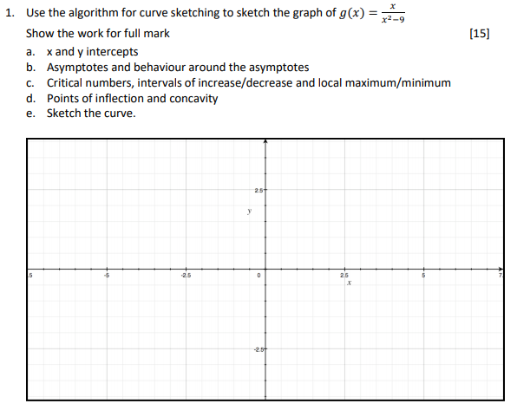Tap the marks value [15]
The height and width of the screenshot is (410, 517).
(x=478, y=34)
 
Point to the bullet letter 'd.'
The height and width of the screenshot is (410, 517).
(x=31, y=98)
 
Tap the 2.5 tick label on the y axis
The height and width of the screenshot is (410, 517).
(x=258, y=190)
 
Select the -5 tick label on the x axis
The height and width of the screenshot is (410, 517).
(x=108, y=277)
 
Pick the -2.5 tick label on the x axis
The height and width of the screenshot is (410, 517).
(x=185, y=277)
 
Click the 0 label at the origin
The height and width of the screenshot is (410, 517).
(x=258, y=277)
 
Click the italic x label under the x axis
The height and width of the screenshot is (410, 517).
(x=347, y=285)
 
